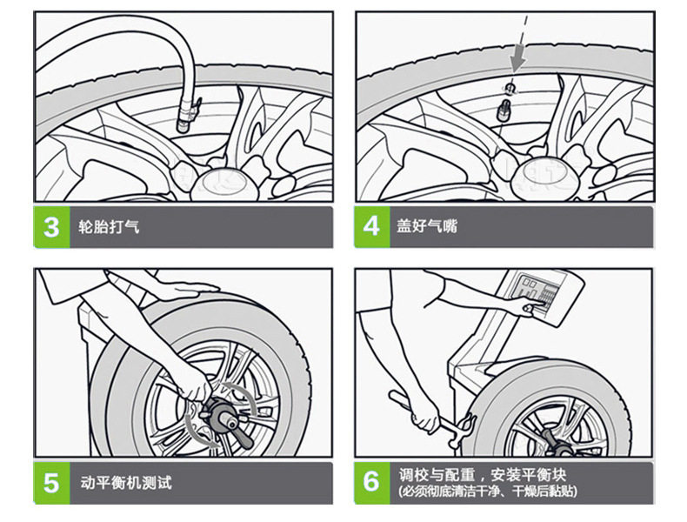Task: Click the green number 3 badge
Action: coord(51,227)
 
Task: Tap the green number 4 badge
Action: coord(371,226)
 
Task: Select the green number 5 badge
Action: coord(51,483)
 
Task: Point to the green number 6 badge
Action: coord(371,483)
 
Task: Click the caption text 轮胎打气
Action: coord(109,226)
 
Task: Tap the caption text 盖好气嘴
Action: coord(427,225)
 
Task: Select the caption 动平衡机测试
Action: coord(126,483)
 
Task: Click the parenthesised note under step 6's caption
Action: coord(487,491)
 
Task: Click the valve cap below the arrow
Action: coord(510,88)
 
